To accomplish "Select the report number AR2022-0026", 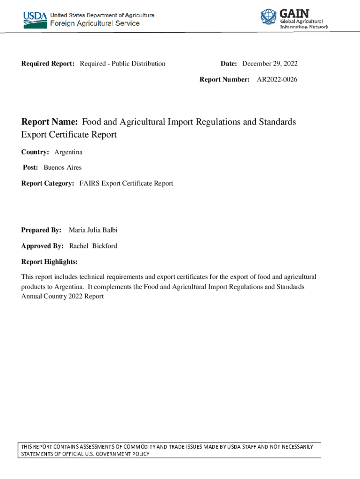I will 277,80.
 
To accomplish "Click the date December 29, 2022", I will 270,64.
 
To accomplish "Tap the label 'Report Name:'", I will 50,122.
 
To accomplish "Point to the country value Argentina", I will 68,152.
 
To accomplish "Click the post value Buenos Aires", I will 63,167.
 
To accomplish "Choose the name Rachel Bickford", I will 93,246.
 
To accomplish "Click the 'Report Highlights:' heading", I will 49,261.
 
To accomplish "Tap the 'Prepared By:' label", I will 41,230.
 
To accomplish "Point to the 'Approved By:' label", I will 42,246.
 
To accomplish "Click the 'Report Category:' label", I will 47,183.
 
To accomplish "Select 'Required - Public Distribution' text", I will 122,64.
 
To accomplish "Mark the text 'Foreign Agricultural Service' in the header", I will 94,23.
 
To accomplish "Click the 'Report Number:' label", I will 224,80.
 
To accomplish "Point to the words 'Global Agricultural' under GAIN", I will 302,22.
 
